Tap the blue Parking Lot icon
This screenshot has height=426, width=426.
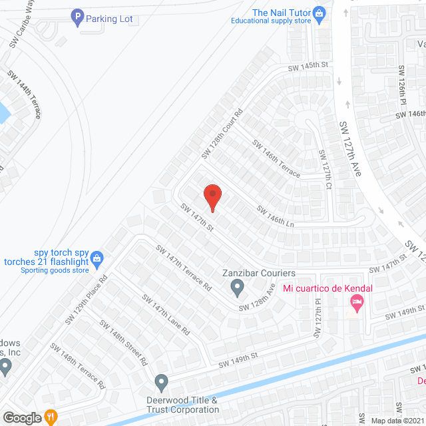(x=77, y=17)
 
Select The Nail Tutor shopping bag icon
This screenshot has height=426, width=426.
(x=319, y=13)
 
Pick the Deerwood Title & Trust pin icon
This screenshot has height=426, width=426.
(x=161, y=382)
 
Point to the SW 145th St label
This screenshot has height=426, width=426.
(x=309, y=67)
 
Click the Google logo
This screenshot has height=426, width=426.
(x=21, y=418)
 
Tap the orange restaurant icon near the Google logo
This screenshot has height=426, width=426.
(x=51, y=417)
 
